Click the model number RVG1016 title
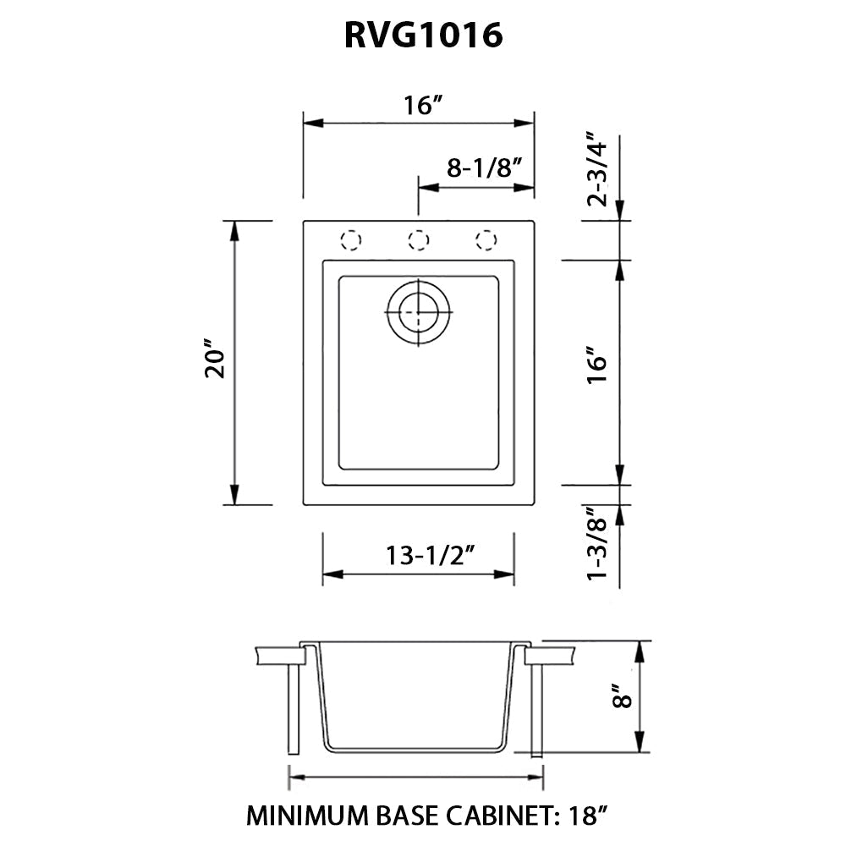tap(423, 36)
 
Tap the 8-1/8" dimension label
tap(478, 168)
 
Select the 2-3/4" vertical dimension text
tap(598, 169)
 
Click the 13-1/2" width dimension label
tap(429, 556)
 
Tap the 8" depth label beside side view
tap(624, 699)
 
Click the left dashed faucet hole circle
tap(350, 239)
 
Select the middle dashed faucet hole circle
tap(417, 239)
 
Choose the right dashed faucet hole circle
tap(486, 239)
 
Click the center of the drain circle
tap(418, 312)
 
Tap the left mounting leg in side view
tap(294, 711)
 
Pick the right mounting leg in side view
tap(536, 711)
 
